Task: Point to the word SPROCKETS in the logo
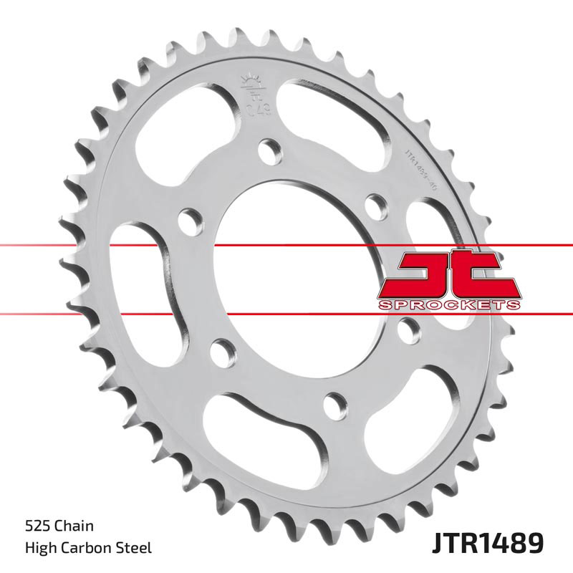[x=448, y=304]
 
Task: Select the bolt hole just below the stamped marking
[x=270, y=150]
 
